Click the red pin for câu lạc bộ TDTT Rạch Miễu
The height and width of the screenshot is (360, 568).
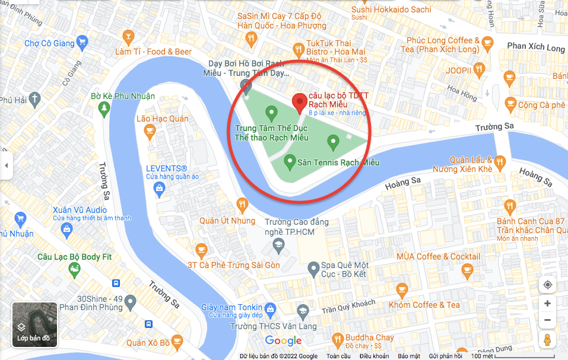point(300,101)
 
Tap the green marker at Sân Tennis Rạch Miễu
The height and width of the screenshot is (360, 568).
point(290,161)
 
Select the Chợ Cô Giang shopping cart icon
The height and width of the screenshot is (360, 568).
point(82,43)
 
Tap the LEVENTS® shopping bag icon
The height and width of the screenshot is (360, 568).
point(158,189)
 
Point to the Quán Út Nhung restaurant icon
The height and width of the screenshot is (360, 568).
point(242,205)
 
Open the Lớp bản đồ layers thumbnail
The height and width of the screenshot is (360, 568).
point(34,324)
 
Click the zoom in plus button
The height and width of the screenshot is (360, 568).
point(547,304)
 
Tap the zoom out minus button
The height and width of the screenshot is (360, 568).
point(547,320)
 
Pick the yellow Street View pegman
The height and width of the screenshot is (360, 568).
point(547,340)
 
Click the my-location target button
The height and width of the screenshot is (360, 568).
point(547,285)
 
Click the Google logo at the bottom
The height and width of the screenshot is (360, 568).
point(283,340)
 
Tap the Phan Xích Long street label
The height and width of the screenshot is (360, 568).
point(535,47)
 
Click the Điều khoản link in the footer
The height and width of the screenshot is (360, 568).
point(374,356)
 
